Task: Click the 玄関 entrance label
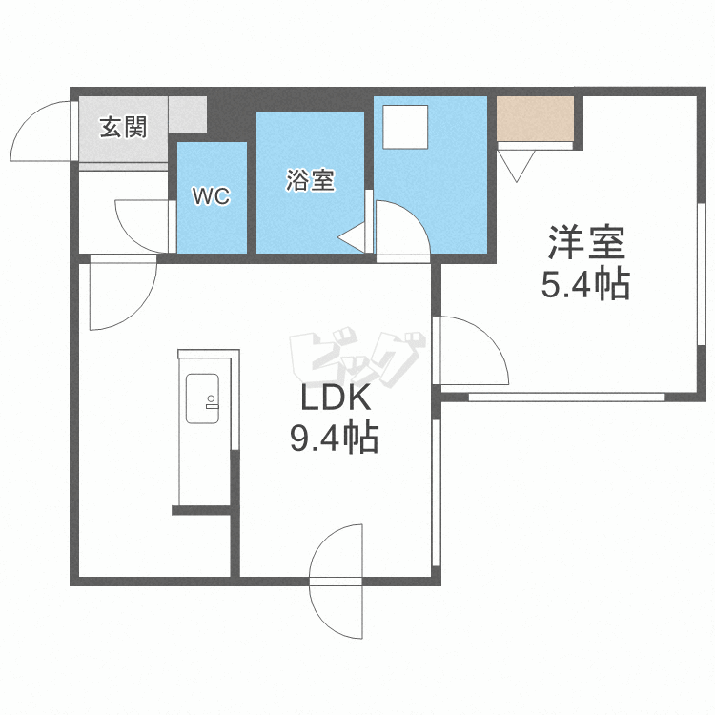coord(124,127)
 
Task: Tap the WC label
coord(212,197)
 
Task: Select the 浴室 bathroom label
coord(310,180)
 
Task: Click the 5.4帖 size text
coord(585,284)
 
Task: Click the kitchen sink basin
coord(203,398)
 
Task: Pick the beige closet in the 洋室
coord(535,118)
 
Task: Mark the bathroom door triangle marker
coord(353,236)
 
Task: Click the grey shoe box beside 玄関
coord(188,115)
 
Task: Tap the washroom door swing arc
coord(402,229)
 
